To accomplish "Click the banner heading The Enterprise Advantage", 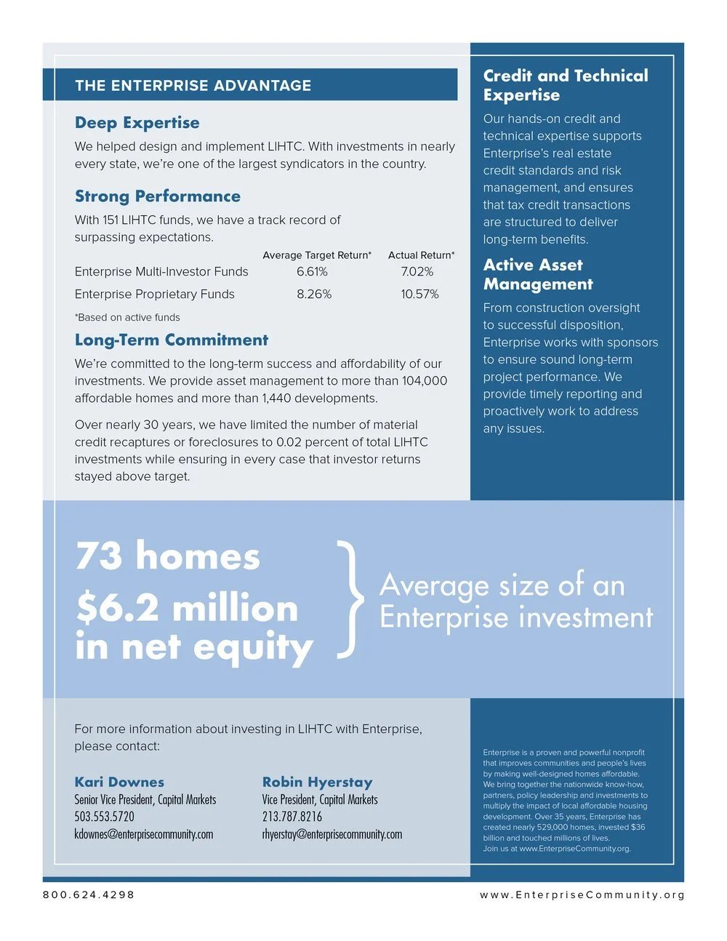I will coord(193,85).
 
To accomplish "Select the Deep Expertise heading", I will coord(137,123).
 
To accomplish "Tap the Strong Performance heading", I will coord(157,196).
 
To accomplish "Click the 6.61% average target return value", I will coord(312,272).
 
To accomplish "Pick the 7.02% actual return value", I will coord(417,272).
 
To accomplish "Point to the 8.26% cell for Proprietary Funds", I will coord(313,295).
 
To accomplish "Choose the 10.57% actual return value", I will coord(419,295).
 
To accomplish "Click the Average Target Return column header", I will coord(316,255).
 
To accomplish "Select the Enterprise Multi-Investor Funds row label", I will coord(161,272).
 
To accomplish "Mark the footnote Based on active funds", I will coord(127,318).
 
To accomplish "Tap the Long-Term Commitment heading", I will coord(172,340).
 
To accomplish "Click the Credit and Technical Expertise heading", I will coord(565,85).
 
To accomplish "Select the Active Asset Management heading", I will coord(537,274).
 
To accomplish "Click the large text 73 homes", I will coord(167,556).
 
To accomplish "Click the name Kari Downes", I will coord(119,782).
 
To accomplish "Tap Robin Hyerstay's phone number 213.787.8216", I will coord(292,817).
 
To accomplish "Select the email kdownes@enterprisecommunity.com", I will coord(143,834).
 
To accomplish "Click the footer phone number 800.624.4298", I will coord(89,894).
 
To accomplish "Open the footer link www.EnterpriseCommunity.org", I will coord(582,894).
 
